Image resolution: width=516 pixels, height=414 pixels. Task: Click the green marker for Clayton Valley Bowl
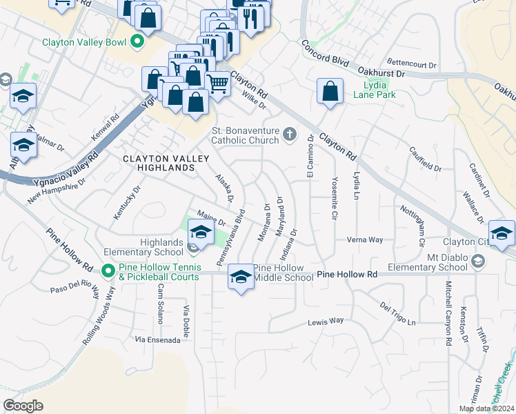pyautogui.click(x=137, y=42)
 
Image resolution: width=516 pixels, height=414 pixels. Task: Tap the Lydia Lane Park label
pyautogui.click(x=375, y=90)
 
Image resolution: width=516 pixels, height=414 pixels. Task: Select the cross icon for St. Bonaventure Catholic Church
pyautogui.click(x=290, y=135)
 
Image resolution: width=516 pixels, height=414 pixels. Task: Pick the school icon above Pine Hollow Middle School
pyautogui.click(x=240, y=277)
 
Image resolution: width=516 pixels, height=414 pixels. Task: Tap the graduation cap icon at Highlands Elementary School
pyautogui.click(x=201, y=231)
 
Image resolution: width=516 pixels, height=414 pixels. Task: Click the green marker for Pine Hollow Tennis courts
pyautogui.click(x=108, y=270)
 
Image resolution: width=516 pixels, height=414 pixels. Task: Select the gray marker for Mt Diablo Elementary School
pyautogui.click(x=479, y=261)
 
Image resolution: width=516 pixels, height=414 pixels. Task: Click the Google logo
pyautogui.click(x=23, y=405)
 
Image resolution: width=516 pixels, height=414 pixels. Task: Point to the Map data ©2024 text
pyautogui.click(x=486, y=408)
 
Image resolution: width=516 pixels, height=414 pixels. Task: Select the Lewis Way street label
pyautogui.click(x=326, y=322)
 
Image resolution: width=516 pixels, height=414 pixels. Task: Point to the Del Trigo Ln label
pyautogui.click(x=398, y=313)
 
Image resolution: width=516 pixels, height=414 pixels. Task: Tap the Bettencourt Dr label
pyautogui.click(x=412, y=65)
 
